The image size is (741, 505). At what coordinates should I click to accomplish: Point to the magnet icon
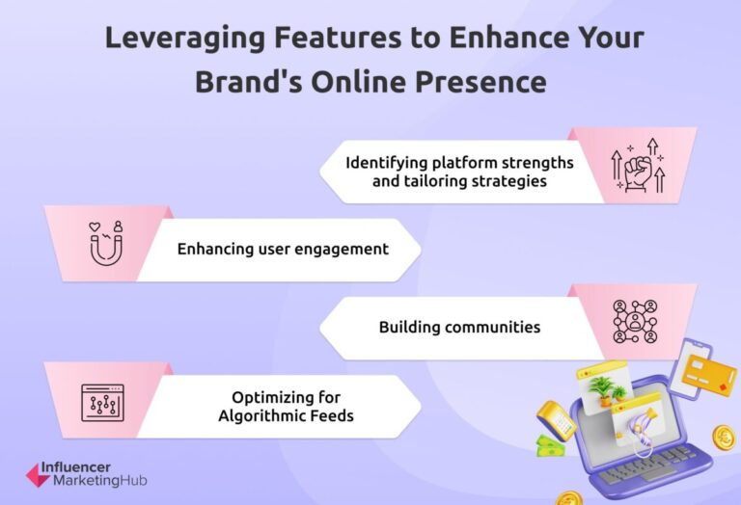pos(103,244)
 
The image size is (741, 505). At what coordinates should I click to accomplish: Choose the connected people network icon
pos(635,322)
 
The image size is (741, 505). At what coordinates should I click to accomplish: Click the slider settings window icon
pos(102,401)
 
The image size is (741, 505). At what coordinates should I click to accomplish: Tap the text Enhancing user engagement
pos(283,249)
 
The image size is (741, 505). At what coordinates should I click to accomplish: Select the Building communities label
pos(459,327)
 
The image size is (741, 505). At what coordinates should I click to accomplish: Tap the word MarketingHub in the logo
pos(99,481)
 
